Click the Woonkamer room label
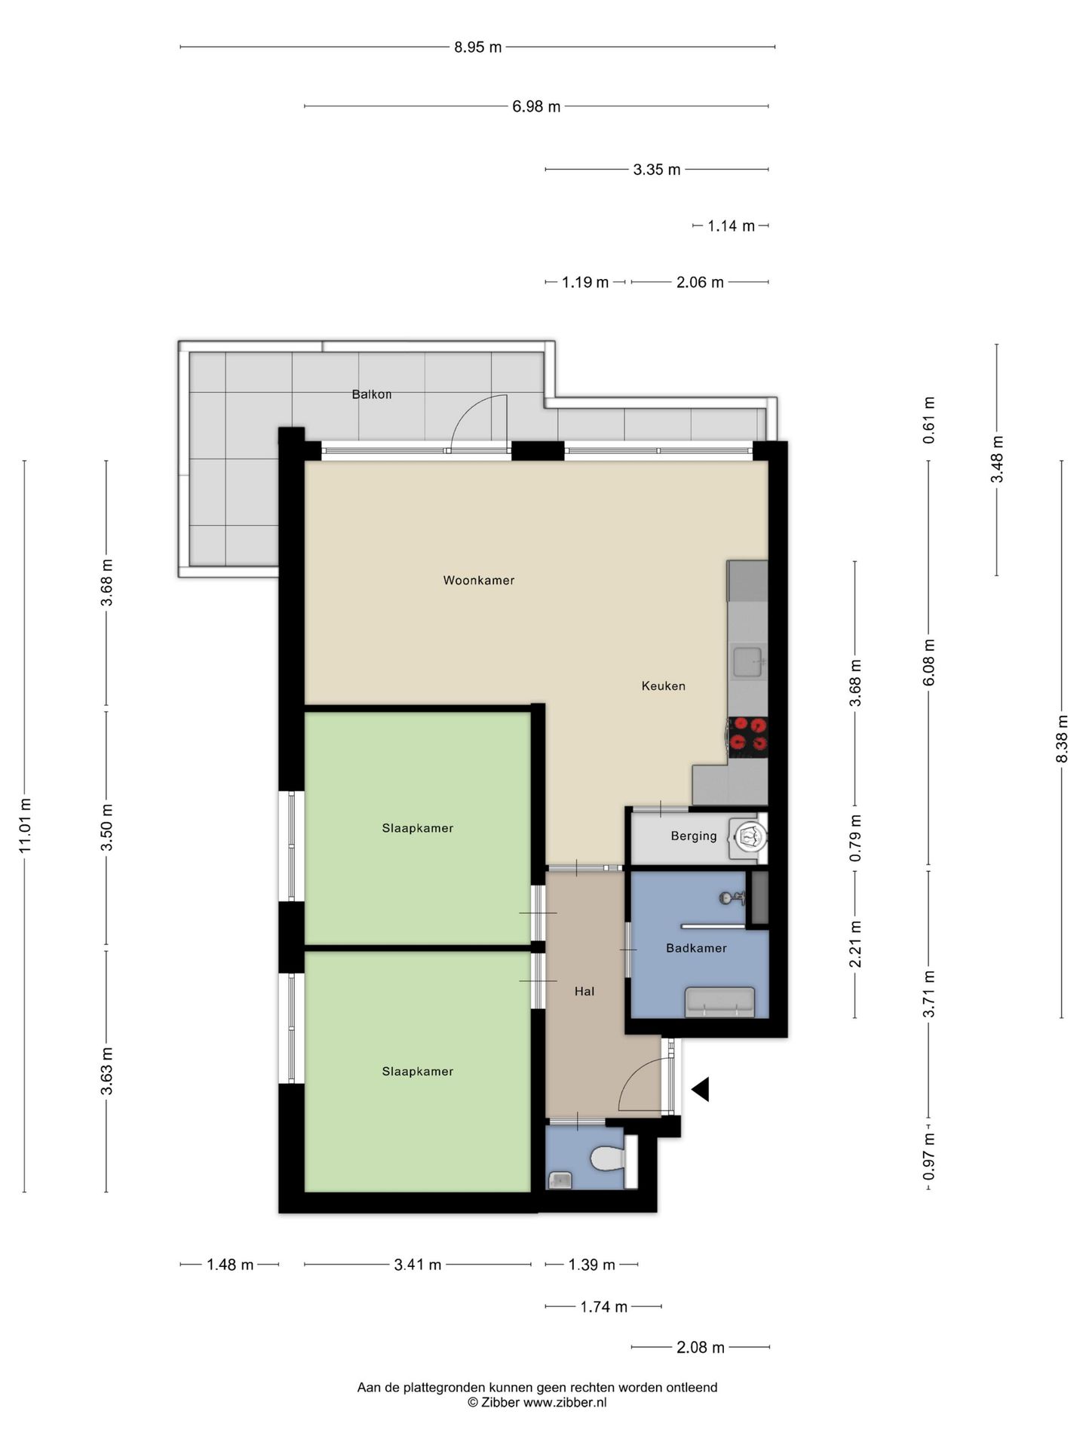478,580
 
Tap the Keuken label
663,686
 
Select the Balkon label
372,394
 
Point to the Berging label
694,836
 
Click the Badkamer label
696,948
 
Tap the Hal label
584,991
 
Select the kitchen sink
747,661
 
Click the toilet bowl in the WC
608,1158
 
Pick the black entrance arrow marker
701,1089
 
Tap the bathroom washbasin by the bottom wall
719,1002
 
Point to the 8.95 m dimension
477,47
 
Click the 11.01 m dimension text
25,826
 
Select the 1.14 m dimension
731,225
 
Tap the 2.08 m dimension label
701,1347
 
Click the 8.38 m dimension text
1062,739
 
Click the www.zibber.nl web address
565,1403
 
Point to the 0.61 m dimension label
929,420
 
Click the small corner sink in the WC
559,1180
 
